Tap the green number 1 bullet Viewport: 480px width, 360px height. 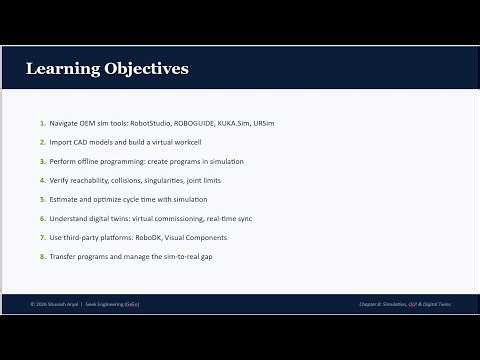[x=42, y=123]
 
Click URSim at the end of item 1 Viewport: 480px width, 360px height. [x=264, y=123]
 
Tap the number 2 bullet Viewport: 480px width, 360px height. [x=42, y=142]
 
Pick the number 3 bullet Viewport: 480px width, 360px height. [x=42, y=161]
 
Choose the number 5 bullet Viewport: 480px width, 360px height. [x=42, y=199]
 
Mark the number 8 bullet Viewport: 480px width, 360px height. [x=42, y=256]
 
